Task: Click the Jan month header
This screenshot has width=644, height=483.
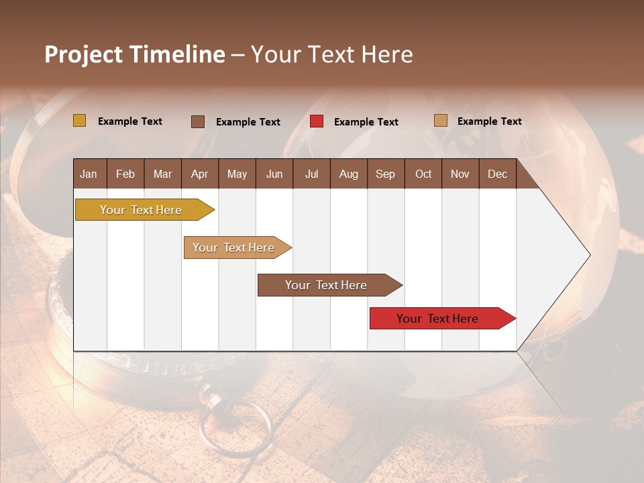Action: pyautogui.click(x=89, y=174)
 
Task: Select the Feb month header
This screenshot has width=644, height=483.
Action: pyautogui.click(x=125, y=174)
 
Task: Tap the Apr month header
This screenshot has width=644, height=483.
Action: pyautogui.click(x=199, y=174)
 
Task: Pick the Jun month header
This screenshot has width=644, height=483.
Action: pyautogui.click(x=274, y=174)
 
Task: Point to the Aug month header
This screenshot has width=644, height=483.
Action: pyautogui.click(x=348, y=174)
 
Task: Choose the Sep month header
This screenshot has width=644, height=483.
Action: pyautogui.click(x=385, y=174)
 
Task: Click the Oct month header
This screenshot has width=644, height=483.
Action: pyautogui.click(x=423, y=174)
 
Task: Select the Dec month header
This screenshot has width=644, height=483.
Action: pyautogui.click(x=497, y=174)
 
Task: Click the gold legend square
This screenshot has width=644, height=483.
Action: pyautogui.click(x=79, y=121)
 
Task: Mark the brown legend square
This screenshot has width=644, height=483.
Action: pyautogui.click(x=197, y=121)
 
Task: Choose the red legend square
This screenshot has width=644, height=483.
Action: pyautogui.click(x=316, y=121)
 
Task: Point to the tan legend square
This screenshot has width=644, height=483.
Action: pyautogui.click(x=440, y=121)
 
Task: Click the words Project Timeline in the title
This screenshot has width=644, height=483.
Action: pyautogui.click(x=135, y=54)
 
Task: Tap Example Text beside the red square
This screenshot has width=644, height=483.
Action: pyautogui.click(x=366, y=122)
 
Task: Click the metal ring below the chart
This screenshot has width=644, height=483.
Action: pyautogui.click(x=235, y=425)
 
